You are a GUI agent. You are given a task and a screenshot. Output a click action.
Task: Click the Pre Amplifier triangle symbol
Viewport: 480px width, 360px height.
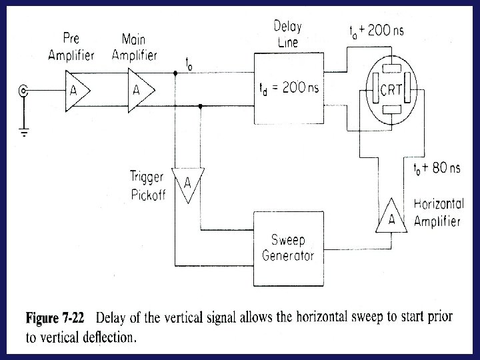click(76, 89)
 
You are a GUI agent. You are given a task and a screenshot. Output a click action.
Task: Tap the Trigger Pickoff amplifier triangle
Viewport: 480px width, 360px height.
click(187, 183)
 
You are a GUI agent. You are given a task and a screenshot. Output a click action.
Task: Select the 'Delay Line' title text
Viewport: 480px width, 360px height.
click(287, 35)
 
